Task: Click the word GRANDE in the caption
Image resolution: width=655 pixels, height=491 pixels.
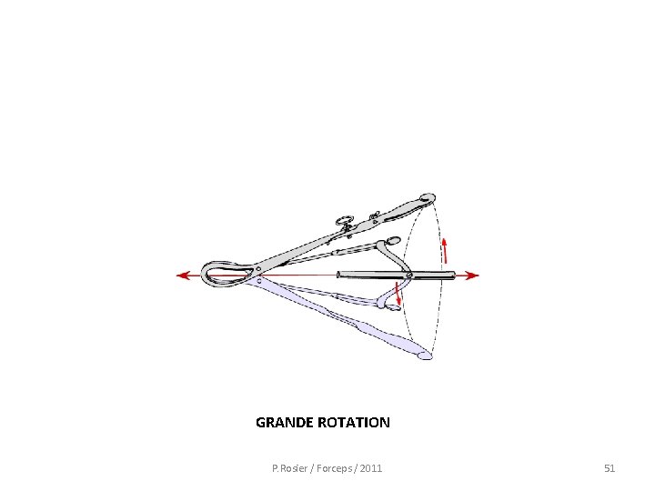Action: (283, 423)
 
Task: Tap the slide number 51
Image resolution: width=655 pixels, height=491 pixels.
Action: (610, 468)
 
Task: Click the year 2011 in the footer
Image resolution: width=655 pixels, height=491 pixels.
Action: (371, 468)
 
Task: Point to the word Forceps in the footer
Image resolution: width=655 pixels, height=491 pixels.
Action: (330, 468)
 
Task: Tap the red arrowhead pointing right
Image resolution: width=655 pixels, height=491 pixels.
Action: (472, 276)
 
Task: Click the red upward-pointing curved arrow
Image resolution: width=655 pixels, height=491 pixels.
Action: (445, 248)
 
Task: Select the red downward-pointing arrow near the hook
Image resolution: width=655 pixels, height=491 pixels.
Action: (398, 296)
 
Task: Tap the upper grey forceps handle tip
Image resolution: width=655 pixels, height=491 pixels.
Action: (428, 197)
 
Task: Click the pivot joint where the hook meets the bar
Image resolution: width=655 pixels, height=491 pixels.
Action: (408, 275)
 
